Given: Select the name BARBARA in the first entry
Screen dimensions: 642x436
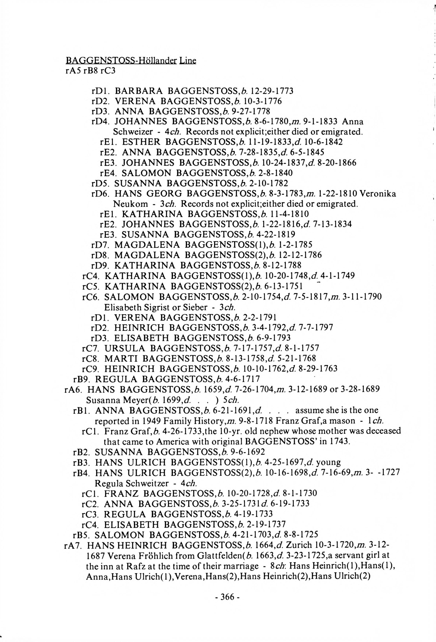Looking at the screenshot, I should tap(139, 91).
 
